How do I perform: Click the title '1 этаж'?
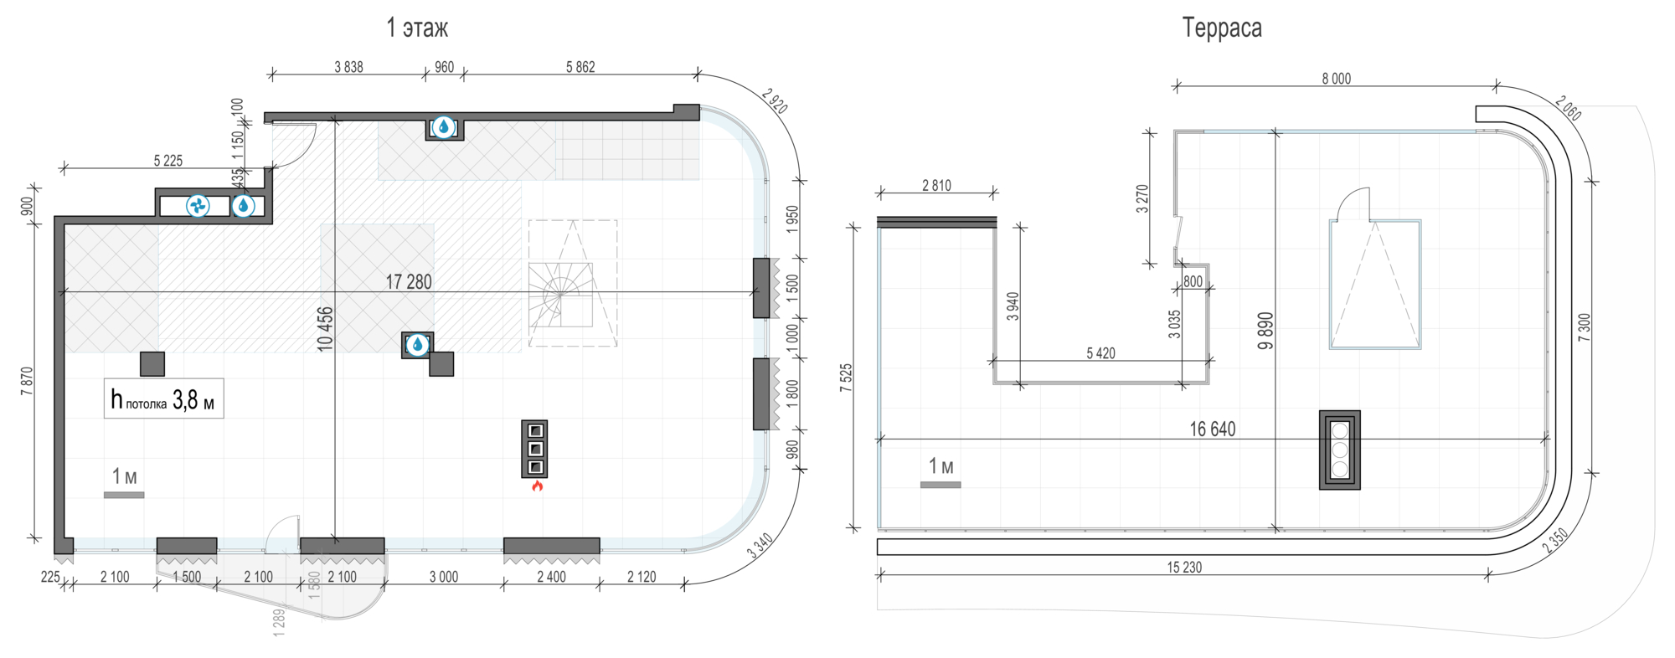tap(417, 28)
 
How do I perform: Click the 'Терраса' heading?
tap(1222, 28)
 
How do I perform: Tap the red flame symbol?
tap(537, 485)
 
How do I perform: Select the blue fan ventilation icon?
tap(198, 205)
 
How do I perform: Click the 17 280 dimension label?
tap(409, 282)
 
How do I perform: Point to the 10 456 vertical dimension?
tap(325, 328)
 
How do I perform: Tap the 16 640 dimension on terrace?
tap(1213, 429)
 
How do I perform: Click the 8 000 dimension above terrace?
tap(1337, 79)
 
